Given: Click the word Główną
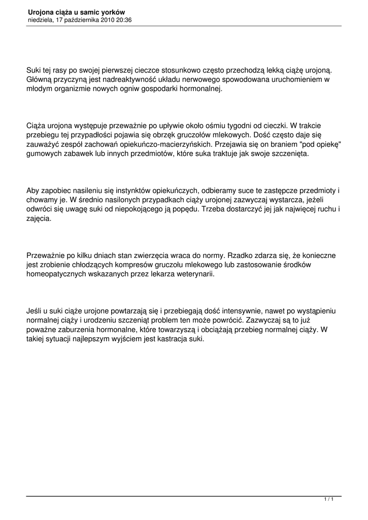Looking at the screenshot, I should point(40,80).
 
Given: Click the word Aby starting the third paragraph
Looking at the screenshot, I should point(33,191).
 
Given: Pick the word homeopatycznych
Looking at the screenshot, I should point(56,274).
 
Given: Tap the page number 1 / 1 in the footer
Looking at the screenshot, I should point(328,500).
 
